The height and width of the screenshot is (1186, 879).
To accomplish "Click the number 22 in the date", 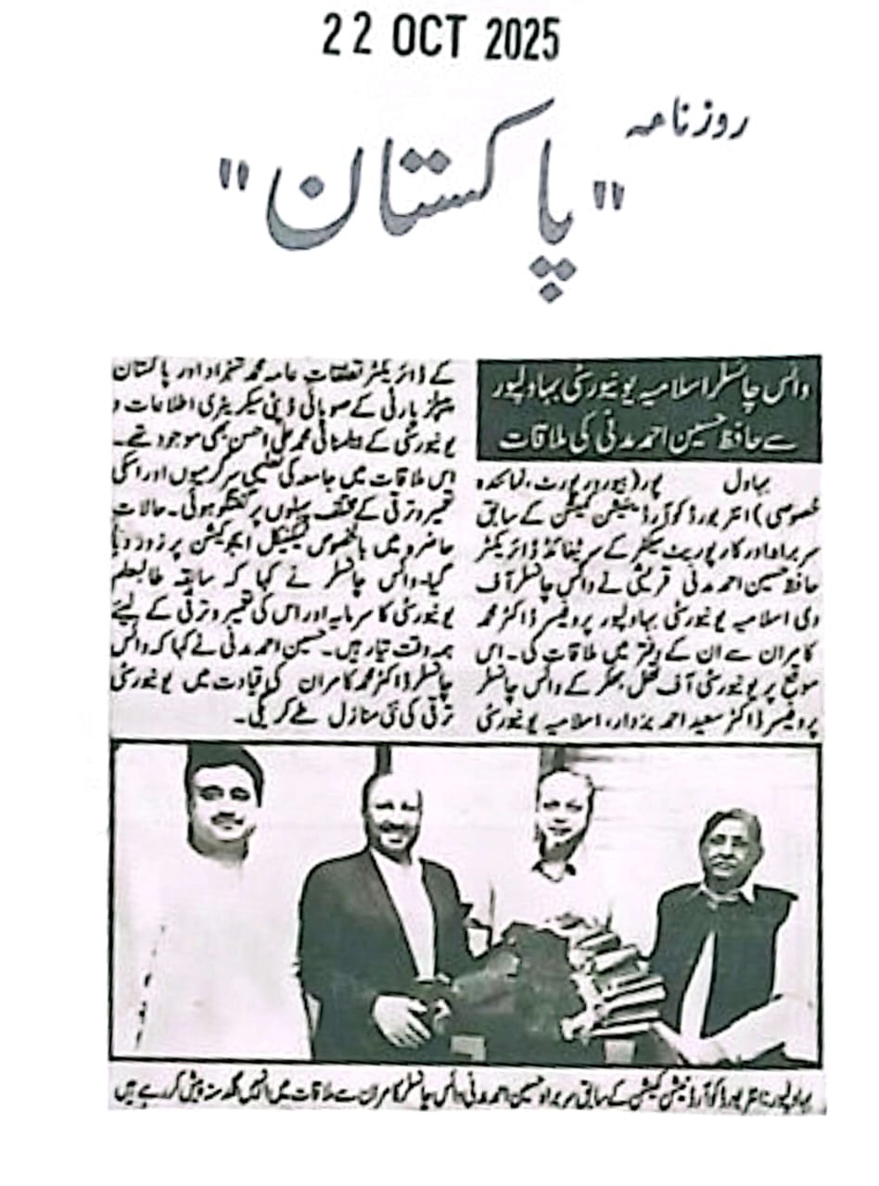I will (x=345, y=40).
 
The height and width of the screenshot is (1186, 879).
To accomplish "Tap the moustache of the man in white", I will (x=223, y=821).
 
